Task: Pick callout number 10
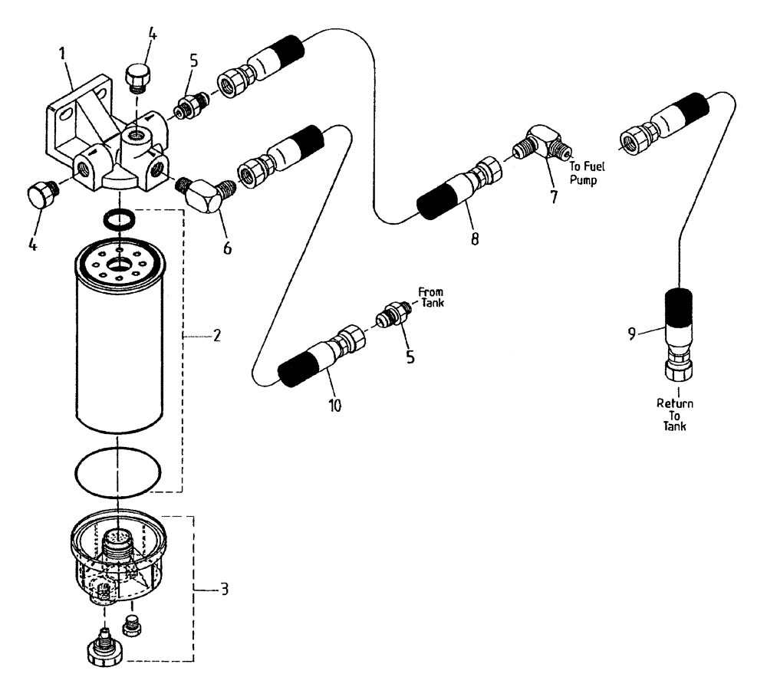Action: (334, 404)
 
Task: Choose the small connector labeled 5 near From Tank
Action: (392, 317)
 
